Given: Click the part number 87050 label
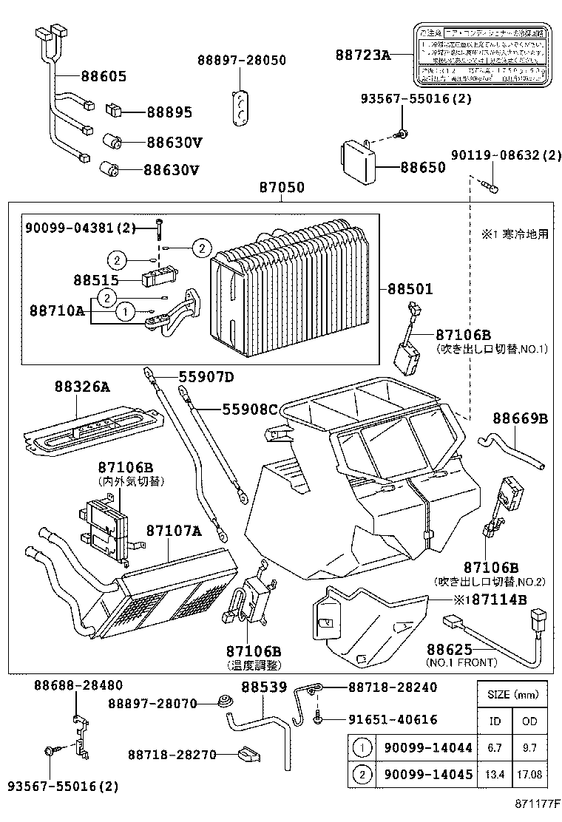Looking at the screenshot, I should [281, 188].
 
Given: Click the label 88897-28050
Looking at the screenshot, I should [241, 61].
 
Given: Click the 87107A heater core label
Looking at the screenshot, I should [173, 531].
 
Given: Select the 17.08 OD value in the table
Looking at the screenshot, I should [529, 774].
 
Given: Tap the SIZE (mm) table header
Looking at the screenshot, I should [512, 695].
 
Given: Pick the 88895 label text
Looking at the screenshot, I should [169, 112].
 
